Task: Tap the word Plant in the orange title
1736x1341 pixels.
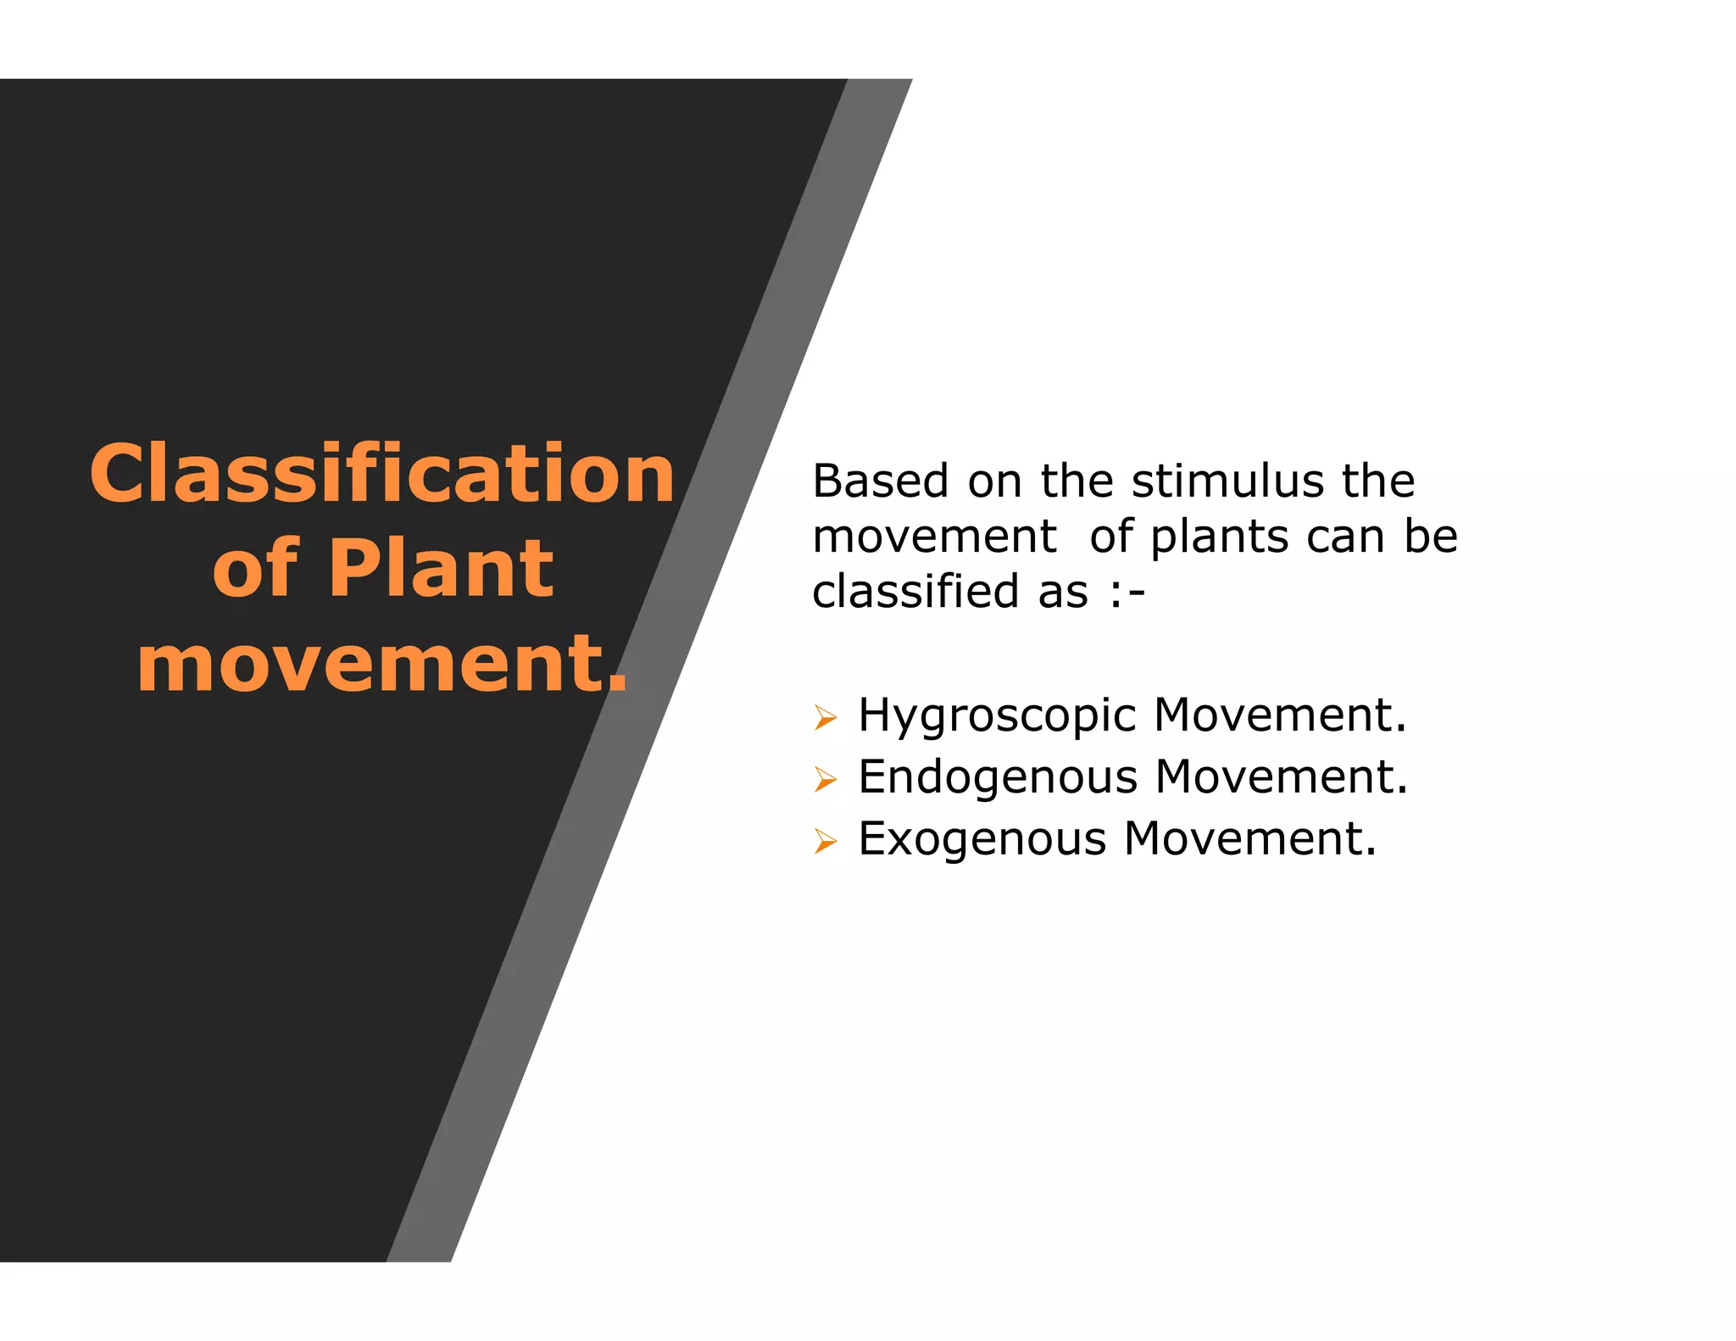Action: click(x=441, y=568)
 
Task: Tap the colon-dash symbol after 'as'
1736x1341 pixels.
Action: click(x=1127, y=593)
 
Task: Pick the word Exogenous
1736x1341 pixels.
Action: click(x=982, y=838)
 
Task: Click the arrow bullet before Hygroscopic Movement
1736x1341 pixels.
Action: click(x=825, y=718)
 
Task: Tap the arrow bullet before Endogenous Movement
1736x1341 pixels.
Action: click(x=825, y=779)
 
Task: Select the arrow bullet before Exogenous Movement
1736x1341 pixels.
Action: click(x=825, y=841)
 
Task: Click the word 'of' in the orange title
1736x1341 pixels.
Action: click(x=254, y=568)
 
